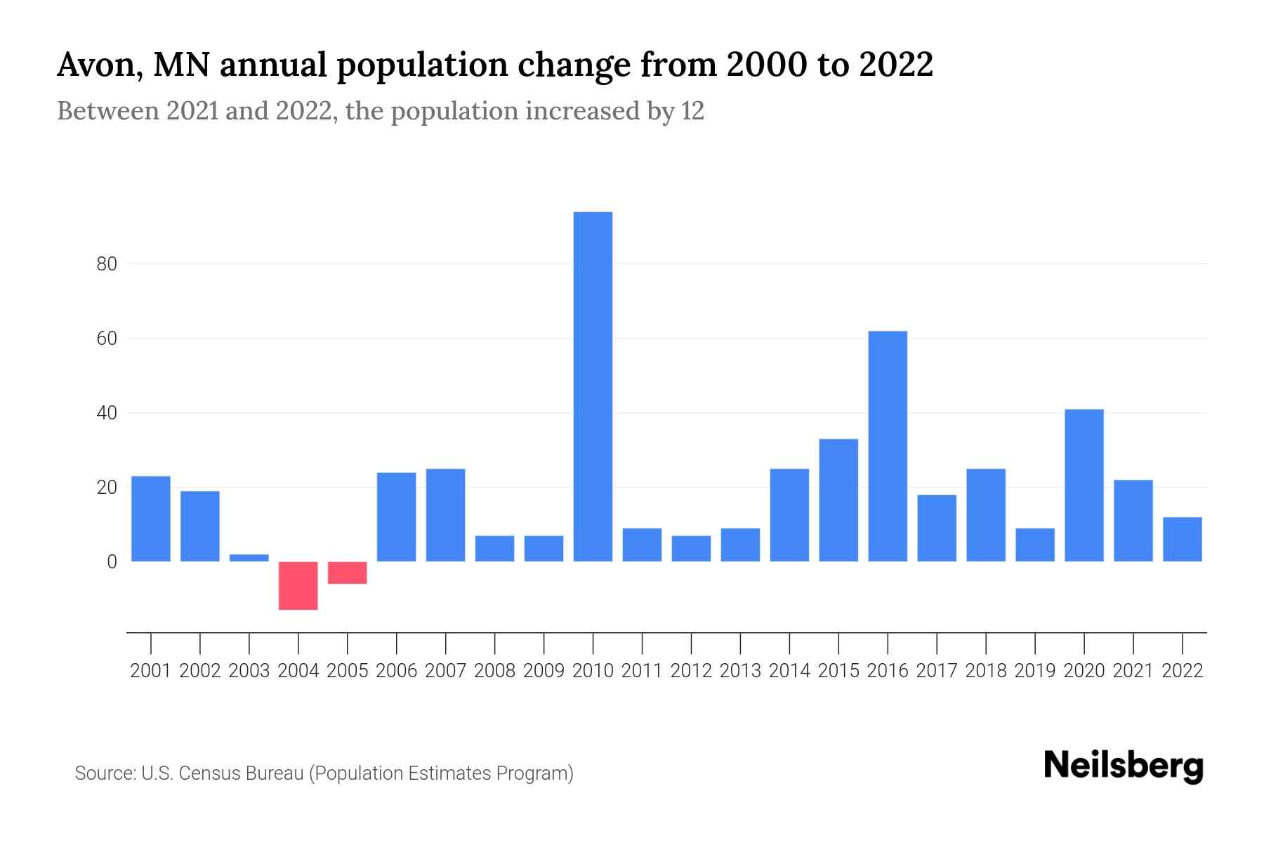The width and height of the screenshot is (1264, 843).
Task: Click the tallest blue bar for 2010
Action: point(593,386)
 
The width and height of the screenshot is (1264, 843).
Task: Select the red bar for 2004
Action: point(298,585)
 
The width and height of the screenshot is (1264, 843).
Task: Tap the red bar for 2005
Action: point(347,573)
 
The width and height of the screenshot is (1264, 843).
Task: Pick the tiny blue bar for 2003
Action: point(249,558)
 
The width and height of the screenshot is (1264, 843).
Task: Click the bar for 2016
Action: point(888,446)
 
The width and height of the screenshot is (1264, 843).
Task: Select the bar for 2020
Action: point(1084,485)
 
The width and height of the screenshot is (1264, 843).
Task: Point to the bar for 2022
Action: point(1182,539)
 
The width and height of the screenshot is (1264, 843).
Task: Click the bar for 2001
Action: point(151,518)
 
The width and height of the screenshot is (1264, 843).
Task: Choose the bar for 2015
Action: point(838,500)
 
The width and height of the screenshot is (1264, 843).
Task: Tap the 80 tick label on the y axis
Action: point(107,264)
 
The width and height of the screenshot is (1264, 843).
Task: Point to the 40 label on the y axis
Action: point(107,413)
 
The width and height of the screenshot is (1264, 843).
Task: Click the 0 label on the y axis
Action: point(112,562)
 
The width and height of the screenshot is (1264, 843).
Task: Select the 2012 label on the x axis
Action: point(691,671)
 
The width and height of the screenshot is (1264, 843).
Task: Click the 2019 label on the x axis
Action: point(1034,671)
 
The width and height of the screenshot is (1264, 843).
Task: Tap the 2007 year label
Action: point(445,671)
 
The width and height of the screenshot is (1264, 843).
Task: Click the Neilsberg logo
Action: point(1124,766)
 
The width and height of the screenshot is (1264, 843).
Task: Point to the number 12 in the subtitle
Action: point(692,111)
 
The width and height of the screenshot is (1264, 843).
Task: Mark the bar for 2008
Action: point(494,548)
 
